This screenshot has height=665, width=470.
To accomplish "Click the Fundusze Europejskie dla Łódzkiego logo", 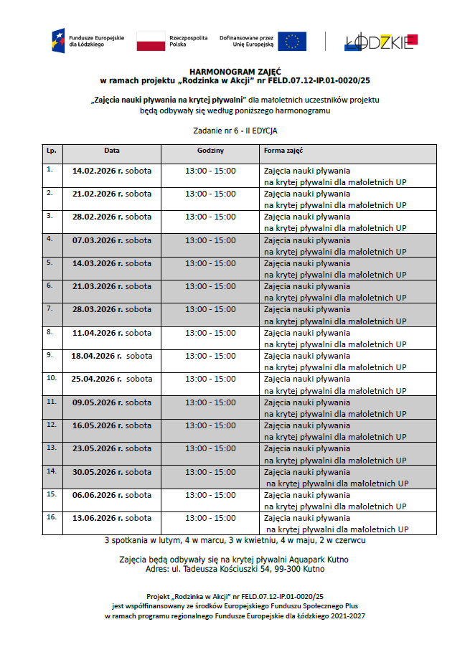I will [78, 40].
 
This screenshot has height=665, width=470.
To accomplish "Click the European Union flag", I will [292, 41].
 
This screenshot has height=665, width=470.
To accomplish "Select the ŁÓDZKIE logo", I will [380, 42].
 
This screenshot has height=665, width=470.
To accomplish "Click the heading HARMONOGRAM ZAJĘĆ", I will [234, 72].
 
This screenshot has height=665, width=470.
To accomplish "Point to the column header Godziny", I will [210, 151].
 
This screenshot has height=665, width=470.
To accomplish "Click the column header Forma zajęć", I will [283, 151].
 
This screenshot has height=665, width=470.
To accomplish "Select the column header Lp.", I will [52, 151].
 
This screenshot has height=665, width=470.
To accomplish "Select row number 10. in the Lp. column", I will [51, 377].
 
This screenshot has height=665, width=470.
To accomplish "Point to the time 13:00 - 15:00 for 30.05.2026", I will [210, 472].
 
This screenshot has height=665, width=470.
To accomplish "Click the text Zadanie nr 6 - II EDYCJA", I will [235, 131].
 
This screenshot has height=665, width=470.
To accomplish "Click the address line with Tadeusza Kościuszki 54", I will [235, 569].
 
